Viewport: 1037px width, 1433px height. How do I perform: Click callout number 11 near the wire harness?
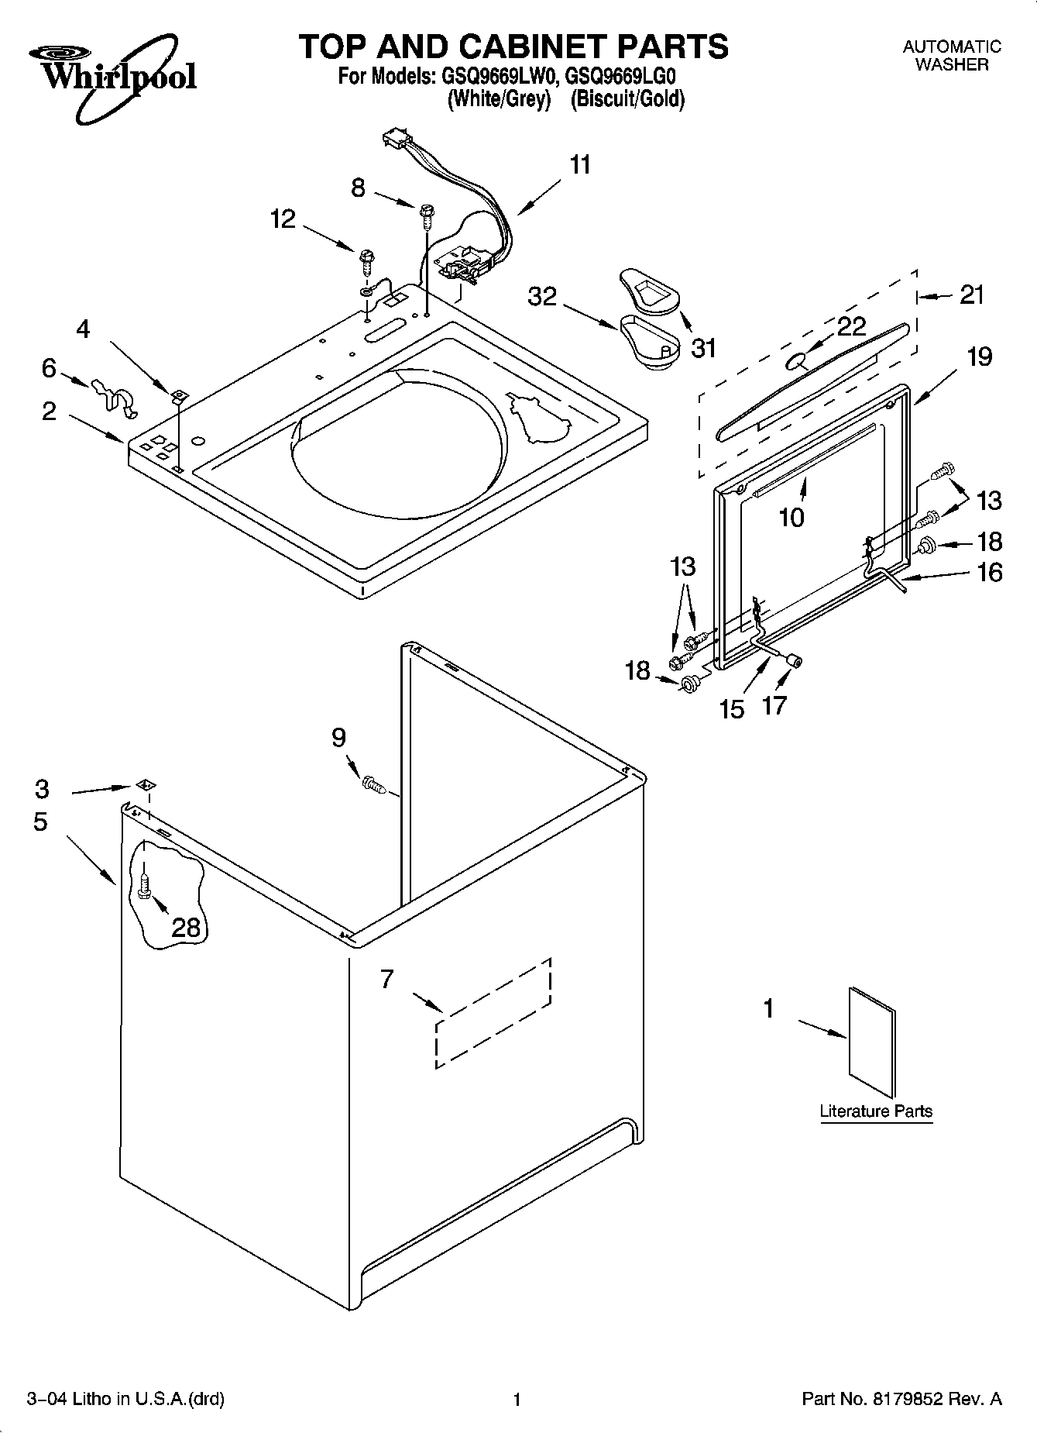(x=580, y=165)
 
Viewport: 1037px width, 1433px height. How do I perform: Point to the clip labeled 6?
(x=112, y=394)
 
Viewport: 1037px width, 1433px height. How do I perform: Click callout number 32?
(x=542, y=296)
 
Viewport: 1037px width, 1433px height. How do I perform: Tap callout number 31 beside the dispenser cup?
(x=703, y=348)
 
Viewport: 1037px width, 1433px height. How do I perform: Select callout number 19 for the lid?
(x=980, y=357)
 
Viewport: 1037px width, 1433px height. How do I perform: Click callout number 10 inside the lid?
(x=791, y=517)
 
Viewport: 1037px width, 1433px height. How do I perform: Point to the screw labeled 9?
(x=373, y=784)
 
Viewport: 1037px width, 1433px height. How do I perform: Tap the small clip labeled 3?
(x=143, y=785)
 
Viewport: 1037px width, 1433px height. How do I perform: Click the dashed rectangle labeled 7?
(x=493, y=1012)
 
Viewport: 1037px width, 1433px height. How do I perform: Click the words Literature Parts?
(x=876, y=1111)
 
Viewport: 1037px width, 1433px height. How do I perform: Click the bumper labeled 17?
(x=793, y=660)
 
